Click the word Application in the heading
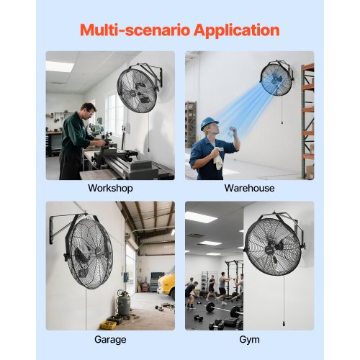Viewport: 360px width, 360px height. (236, 30)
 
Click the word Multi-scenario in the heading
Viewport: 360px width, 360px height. (135, 30)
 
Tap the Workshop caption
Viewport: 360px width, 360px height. (110, 188)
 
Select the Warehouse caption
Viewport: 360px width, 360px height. (249, 188)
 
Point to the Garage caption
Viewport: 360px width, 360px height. (110, 340)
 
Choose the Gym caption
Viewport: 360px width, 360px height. (249, 340)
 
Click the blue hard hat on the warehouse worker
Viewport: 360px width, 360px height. (209, 123)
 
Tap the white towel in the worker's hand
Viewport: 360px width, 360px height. (219, 159)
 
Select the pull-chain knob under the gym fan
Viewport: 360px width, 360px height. (284, 323)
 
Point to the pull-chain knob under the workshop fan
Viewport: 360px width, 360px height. (148, 150)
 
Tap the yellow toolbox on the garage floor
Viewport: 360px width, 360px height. (108, 325)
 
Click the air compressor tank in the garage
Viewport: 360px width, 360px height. (124, 305)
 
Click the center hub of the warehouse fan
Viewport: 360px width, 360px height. (274, 80)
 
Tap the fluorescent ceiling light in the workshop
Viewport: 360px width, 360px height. (60, 66)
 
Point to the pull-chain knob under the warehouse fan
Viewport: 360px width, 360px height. (282, 122)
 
